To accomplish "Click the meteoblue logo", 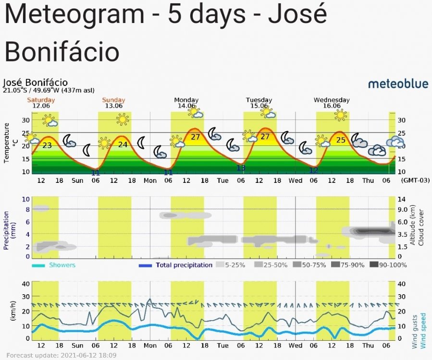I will click(x=398, y=84).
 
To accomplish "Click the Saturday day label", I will click(x=41, y=100).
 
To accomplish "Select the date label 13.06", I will click(x=114, y=106).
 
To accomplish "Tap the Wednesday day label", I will click(x=332, y=100).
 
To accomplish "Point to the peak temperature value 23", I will click(x=47, y=145).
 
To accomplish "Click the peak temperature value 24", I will click(x=123, y=144).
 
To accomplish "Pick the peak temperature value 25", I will click(x=341, y=140).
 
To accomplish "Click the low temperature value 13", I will click(x=241, y=168).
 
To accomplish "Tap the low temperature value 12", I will click(x=313, y=170).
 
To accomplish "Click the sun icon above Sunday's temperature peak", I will click(x=123, y=119).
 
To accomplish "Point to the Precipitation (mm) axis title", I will click(x=7, y=228).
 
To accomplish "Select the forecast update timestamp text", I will click(x=61, y=356).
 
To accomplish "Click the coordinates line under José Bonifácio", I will click(x=49, y=90).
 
